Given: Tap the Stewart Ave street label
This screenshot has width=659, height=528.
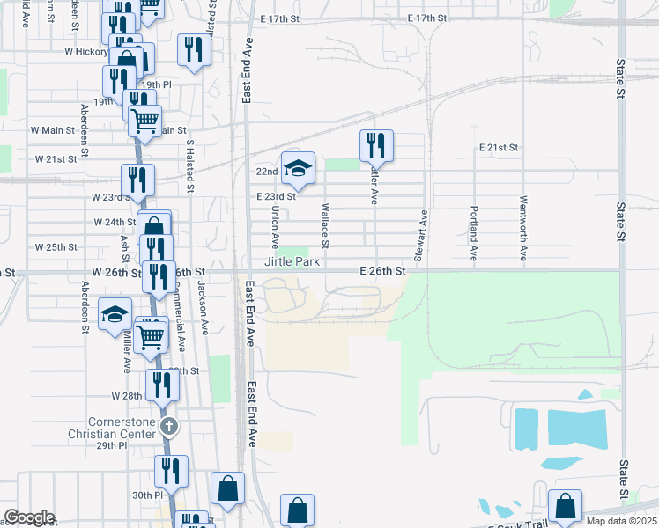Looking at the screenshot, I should pos(422,236).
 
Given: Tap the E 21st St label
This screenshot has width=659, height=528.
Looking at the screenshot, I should pos(499,147).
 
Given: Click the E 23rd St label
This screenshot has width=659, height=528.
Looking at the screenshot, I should pos(276,197).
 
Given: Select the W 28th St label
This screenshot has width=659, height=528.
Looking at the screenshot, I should pos(127,396).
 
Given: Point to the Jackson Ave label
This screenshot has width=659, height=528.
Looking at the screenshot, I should pos(203,308).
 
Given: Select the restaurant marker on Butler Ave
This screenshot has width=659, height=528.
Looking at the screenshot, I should pos(377,144).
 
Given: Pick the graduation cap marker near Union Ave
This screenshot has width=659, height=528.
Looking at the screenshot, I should pos(299,167).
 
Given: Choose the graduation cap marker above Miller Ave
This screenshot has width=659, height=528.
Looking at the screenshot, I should pos(115,314).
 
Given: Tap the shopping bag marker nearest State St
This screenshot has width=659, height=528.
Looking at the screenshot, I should pos(565,506).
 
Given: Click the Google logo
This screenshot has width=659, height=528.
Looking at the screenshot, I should pos(29,517).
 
